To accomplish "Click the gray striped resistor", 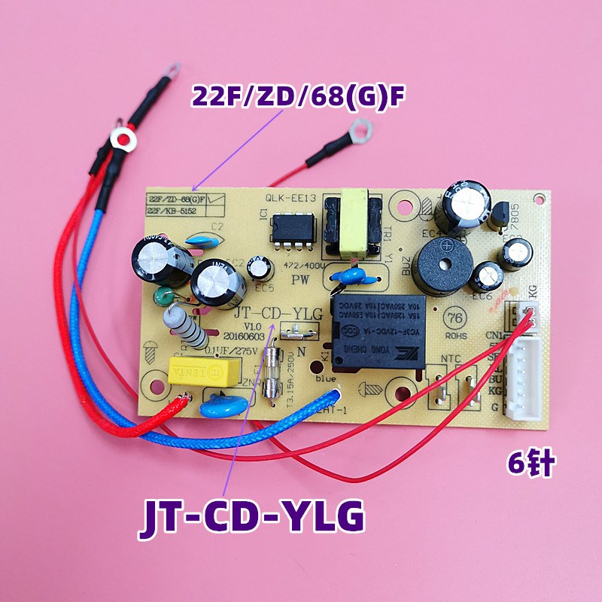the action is pos(186,330).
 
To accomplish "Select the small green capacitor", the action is pos(163,296).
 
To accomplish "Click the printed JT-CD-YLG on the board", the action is pos(278,312).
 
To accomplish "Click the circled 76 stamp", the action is pos(456,317).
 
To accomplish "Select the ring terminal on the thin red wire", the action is pos(359,135).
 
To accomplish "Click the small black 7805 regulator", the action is pos(500,215).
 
